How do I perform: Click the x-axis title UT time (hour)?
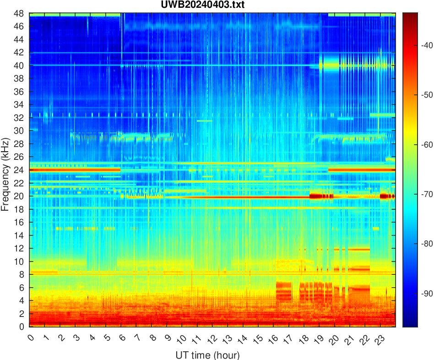(x=207, y=355)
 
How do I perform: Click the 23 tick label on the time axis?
(x=379, y=339)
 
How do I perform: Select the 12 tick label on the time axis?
(x=212, y=339)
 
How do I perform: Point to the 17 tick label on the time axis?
(x=288, y=339)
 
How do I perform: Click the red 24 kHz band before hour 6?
(x=73, y=170)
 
